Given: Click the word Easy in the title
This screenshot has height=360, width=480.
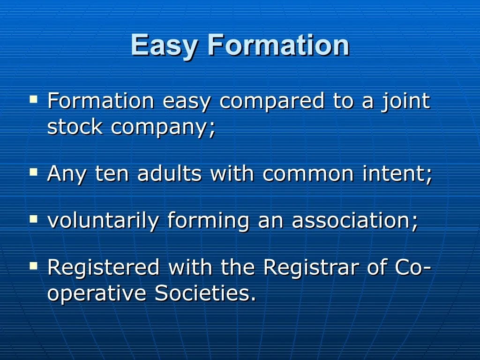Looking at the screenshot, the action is pos(165,45).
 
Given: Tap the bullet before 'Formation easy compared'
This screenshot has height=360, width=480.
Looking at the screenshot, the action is pos(33,99).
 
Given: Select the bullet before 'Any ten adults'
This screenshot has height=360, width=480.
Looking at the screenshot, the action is pos(33,172).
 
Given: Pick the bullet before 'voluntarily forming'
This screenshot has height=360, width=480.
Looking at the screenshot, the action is pos(33,219).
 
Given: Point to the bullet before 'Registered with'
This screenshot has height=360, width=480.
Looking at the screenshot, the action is pos(33,266).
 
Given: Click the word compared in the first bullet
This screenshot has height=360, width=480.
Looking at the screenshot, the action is pos(272,102).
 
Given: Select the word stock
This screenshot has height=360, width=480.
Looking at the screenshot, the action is pos(75,127).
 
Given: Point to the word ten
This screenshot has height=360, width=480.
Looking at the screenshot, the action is pos(112,173).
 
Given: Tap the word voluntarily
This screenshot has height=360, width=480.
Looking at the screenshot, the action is pos(103,221).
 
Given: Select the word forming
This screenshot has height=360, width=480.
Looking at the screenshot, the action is pos(208,221).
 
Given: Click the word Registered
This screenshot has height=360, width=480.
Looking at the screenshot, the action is pos(104,267).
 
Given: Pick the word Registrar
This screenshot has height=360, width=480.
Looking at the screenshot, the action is pos(311,267).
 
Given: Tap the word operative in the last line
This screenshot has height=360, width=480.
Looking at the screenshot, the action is pos(97,294).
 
